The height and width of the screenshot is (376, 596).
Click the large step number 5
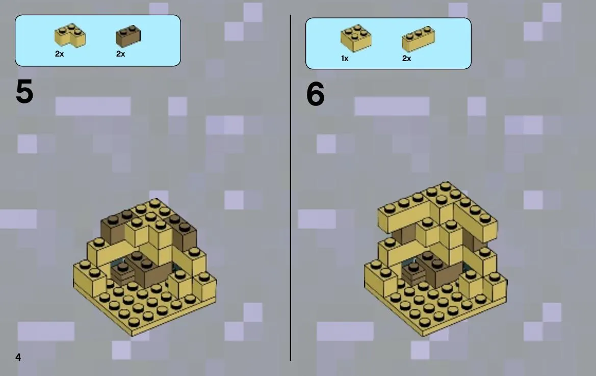coord(24,92)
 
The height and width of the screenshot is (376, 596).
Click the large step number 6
coord(315,94)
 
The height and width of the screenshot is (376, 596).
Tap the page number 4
coord(18,357)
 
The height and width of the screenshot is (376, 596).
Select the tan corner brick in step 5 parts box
coord(70,36)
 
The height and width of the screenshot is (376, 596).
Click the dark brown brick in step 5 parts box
coord(128,36)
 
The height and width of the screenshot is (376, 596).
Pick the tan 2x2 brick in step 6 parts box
coord(356,38)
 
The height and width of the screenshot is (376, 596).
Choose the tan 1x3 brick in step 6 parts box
coord(418,39)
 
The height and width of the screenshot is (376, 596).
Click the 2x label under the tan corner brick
coord(59,54)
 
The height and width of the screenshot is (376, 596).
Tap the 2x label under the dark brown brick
coord(120,54)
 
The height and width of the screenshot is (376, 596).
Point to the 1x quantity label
coord(344,59)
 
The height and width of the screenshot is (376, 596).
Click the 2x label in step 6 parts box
coord(406,59)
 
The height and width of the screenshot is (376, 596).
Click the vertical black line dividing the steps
coord(291,188)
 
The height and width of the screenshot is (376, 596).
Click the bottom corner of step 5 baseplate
coord(132,336)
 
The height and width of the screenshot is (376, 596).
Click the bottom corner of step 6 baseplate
coord(423,336)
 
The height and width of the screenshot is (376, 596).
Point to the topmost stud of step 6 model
coord(445,186)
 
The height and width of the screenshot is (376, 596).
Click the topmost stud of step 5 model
coord(154,203)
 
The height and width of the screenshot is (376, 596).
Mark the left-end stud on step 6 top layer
coord(390,208)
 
